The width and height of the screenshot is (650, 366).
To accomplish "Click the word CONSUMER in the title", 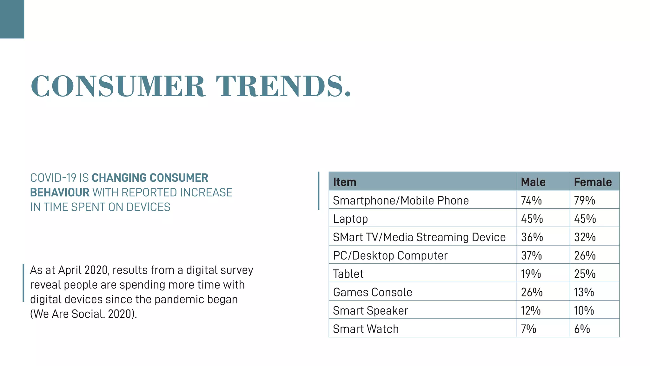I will tap(118, 86).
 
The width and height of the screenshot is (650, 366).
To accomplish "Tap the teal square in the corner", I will tap(12, 19).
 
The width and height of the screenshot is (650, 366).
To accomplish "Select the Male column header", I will tap(533, 182).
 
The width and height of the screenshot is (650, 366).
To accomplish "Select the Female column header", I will tap(593, 182).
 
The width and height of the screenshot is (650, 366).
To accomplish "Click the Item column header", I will tap(344, 182).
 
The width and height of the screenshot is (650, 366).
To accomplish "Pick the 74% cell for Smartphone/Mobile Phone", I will tap(531, 200).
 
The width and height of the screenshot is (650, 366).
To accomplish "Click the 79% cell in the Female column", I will tap(584, 200).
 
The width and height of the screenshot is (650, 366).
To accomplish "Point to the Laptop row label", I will tap(350, 219).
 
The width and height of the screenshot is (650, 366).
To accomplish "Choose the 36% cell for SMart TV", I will tap(532, 237).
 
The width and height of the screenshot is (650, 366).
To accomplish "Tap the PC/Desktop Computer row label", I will tap(390, 255).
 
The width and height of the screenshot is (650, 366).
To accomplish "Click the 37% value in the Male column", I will tap(531, 255).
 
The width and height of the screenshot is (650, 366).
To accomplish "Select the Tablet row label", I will tap(348, 274).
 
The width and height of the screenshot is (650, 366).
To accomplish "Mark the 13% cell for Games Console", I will tap(584, 292).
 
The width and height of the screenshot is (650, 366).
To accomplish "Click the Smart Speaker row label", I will tap(370, 311).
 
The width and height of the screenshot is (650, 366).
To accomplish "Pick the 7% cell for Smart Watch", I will tap(528, 329).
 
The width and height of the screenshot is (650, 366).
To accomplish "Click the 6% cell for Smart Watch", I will tap(582, 329).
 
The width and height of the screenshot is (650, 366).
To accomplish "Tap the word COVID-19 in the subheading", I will tap(53, 178).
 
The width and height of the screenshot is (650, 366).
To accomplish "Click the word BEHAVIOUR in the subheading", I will tap(60, 193).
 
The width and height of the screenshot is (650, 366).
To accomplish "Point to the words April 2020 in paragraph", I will tap(84, 270).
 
